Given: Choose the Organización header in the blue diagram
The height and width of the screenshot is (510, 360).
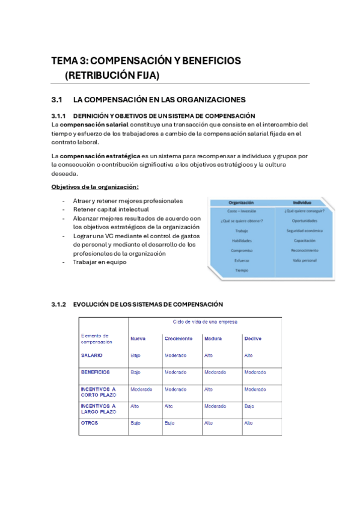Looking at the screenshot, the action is click(242, 203).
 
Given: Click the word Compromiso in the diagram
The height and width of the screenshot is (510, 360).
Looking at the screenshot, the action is click(242, 250).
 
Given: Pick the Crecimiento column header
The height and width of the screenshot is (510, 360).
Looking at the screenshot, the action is click(178, 339).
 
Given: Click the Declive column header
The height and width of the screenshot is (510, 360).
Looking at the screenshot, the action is click(253, 339).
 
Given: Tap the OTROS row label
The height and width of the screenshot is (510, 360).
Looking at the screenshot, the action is click(90, 423).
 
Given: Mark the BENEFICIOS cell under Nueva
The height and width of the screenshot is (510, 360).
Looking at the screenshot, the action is click(135, 372).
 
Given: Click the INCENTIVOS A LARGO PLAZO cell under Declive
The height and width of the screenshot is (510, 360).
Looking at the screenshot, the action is click(249, 406).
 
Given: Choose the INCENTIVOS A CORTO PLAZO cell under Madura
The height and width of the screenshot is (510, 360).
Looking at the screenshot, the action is click(209, 389).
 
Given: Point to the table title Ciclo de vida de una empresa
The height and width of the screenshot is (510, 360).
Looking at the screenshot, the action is click(204, 322).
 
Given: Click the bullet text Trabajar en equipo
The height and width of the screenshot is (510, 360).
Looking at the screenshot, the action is click(100, 262).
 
